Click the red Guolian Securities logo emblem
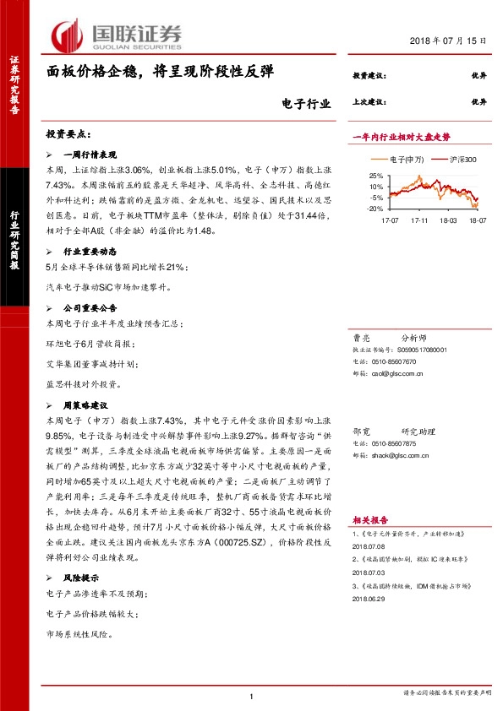68,35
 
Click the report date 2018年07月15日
453,41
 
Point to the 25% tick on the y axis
377,175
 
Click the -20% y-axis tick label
375,208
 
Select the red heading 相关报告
369,520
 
